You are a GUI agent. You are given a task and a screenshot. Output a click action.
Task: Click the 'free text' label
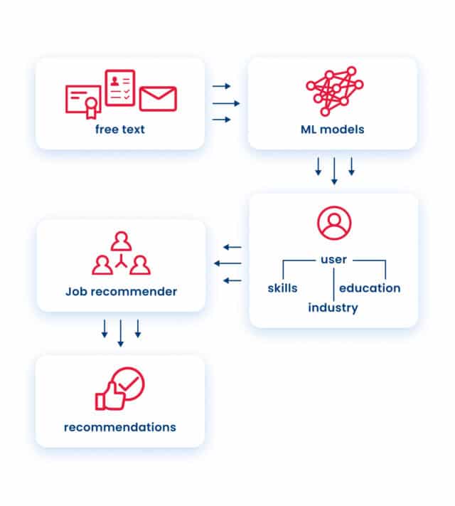(x=119, y=130)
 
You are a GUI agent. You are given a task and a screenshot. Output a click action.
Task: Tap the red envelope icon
(x=158, y=99)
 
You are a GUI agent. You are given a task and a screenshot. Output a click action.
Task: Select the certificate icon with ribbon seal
(x=83, y=102)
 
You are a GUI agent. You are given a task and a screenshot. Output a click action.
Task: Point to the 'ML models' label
(x=332, y=130)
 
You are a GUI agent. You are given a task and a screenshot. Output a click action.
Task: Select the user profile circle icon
(x=333, y=223)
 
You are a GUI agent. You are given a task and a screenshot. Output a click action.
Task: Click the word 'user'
(x=333, y=259)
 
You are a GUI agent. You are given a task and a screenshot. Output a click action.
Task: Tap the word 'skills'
(x=282, y=288)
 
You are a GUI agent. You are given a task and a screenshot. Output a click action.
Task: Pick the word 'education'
(x=370, y=288)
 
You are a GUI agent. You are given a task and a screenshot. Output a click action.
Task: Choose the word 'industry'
(x=333, y=308)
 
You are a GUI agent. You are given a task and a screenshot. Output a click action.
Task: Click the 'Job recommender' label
(x=121, y=291)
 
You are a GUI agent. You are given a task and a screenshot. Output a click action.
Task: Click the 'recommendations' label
(x=120, y=427)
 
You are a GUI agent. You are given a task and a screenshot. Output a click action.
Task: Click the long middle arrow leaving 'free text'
(x=226, y=103)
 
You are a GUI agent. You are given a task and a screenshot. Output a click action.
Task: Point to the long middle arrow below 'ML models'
(x=334, y=172)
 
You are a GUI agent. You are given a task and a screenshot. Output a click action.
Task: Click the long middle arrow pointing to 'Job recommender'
(x=227, y=263)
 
